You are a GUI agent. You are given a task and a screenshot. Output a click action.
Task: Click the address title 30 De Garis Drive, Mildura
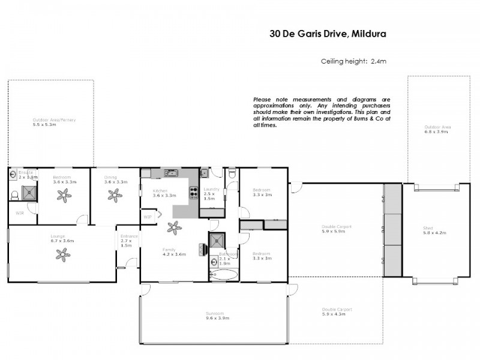click(x=328, y=34)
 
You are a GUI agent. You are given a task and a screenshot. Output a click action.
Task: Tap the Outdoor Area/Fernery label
click(x=54, y=122)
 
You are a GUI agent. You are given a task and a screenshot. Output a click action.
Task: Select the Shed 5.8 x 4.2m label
click(x=428, y=230)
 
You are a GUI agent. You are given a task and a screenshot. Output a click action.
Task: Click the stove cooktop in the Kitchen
click(x=194, y=193)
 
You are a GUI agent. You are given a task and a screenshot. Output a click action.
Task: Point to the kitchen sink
click(x=170, y=173)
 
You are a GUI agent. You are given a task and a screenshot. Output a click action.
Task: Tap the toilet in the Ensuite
click(x=14, y=196)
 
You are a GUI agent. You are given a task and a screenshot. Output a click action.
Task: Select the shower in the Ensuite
click(x=29, y=193)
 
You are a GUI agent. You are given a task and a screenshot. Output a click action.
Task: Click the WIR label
click(x=19, y=212)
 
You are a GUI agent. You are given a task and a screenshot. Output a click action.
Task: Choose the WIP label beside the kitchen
click(x=148, y=217)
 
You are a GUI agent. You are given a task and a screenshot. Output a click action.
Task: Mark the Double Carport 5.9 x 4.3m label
click(x=337, y=311)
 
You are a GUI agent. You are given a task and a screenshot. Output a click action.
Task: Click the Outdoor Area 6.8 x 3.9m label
click(x=437, y=130)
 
